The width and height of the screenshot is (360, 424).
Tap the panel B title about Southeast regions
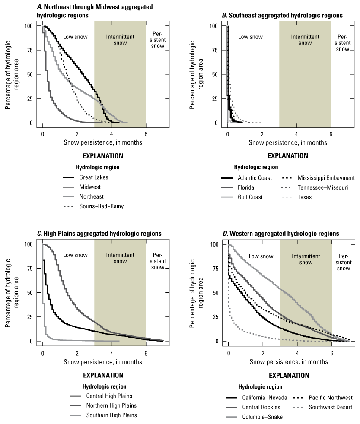(282, 15)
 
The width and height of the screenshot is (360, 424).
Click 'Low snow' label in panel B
(250, 37)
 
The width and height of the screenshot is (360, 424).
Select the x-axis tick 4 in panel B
(296, 131)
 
